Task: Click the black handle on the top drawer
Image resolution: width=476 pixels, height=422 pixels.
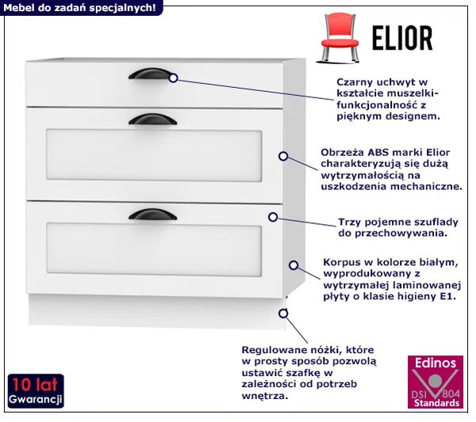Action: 150,74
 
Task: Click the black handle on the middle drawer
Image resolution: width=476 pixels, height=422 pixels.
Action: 152,120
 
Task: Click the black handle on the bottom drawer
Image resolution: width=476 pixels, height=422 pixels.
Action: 152,215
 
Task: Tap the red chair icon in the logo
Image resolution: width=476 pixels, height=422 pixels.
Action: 339,37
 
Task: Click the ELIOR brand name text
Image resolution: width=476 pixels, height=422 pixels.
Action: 402,38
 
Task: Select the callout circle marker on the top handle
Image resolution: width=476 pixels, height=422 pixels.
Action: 173,78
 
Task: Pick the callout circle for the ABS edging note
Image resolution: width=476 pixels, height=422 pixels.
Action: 283,156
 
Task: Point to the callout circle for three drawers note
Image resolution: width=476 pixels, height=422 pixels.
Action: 273,217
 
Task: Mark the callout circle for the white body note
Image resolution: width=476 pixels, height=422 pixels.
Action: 294,265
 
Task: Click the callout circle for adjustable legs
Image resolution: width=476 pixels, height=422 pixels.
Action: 283,314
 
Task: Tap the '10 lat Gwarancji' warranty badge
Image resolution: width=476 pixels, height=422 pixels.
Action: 36,391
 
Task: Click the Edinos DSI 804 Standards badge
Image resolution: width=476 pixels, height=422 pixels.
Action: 436,382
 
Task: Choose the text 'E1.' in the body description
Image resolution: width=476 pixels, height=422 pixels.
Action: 448,296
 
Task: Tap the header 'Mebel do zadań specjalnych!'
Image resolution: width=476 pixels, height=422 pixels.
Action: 79,8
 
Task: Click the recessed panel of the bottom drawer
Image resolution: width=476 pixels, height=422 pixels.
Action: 154,249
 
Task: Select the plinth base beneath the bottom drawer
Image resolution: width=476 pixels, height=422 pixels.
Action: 157,311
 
